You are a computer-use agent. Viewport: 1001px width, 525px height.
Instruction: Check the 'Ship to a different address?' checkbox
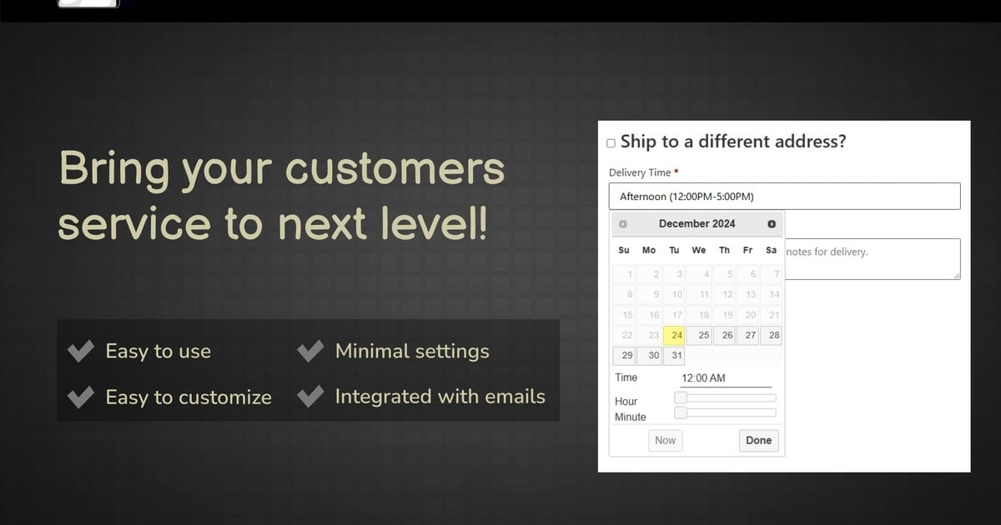[611, 143]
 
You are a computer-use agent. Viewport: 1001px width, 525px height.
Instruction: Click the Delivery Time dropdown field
[784, 196]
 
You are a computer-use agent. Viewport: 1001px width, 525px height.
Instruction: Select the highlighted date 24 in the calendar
[674, 335]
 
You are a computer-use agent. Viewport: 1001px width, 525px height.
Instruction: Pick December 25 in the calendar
[699, 335]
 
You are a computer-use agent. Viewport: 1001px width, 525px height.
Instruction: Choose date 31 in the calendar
[674, 356]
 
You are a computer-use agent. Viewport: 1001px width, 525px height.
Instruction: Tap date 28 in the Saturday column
[772, 335]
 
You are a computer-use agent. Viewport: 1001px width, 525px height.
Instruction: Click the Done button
[759, 441]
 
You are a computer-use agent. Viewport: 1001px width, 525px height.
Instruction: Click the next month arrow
[772, 224]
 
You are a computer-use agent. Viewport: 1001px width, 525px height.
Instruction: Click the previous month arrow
[623, 224]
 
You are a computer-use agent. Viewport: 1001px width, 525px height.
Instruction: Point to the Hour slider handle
[681, 397]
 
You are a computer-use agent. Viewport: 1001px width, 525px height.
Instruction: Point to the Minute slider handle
[681, 412]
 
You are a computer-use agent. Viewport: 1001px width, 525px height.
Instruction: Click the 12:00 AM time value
[703, 378]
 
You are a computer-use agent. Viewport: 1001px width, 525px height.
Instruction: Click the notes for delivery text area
[873, 259]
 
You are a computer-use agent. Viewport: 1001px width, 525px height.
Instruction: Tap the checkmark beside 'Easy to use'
[81, 351]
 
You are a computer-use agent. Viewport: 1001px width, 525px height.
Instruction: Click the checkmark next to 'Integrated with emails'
[310, 397]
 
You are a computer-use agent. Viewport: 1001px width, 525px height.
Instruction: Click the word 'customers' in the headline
[395, 169]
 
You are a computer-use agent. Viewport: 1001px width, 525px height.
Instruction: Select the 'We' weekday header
[699, 251]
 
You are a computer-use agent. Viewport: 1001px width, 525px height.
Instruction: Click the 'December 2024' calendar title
[697, 223]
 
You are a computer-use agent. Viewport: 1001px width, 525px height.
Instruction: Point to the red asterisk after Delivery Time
[677, 171]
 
